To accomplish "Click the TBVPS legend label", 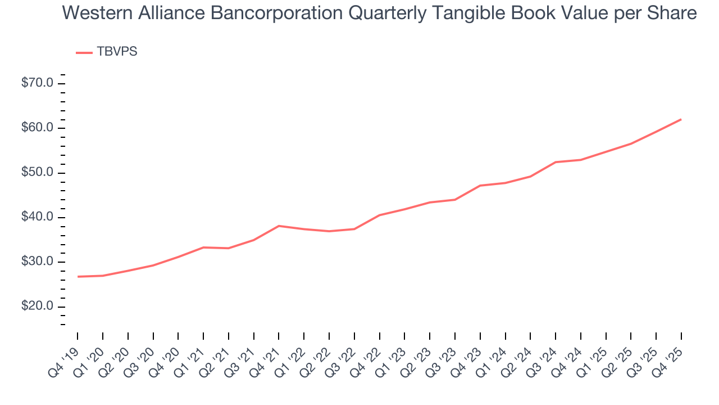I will [x=117, y=52].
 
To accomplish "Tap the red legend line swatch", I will [x=84, y=52].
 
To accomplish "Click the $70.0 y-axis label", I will [x=38, y=83].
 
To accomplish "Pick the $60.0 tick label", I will [x=38, y=128].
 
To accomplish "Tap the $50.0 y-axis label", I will [x=38, y=173].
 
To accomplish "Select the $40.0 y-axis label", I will [x=38, y=218].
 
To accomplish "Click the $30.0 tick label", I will [x=38, y=262].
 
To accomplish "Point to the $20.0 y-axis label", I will [x=38, y=307].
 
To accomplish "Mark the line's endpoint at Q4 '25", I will [x=681, y=119].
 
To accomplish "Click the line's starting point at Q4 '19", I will [x=78, y=277].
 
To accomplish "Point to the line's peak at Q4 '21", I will [x=279, y=226].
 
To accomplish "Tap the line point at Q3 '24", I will [x=555, y=162].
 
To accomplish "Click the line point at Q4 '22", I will [x=379, y=215].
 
